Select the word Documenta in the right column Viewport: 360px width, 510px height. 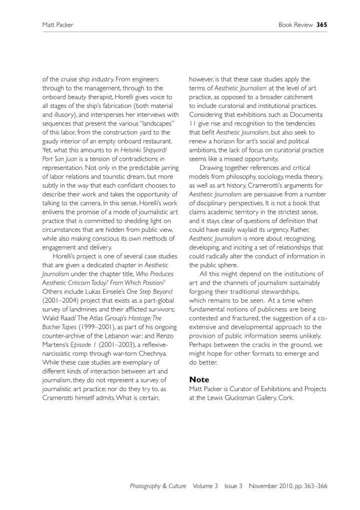306,114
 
